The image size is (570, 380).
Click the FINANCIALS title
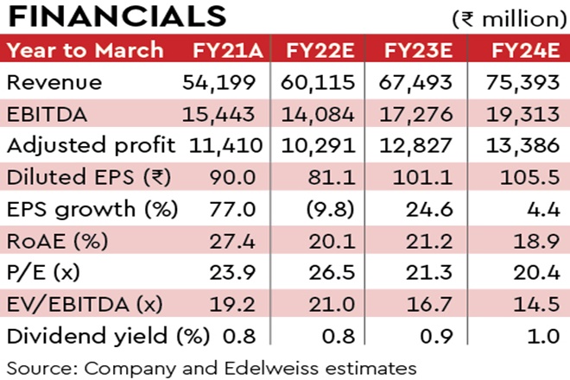[x=117, y=18]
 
